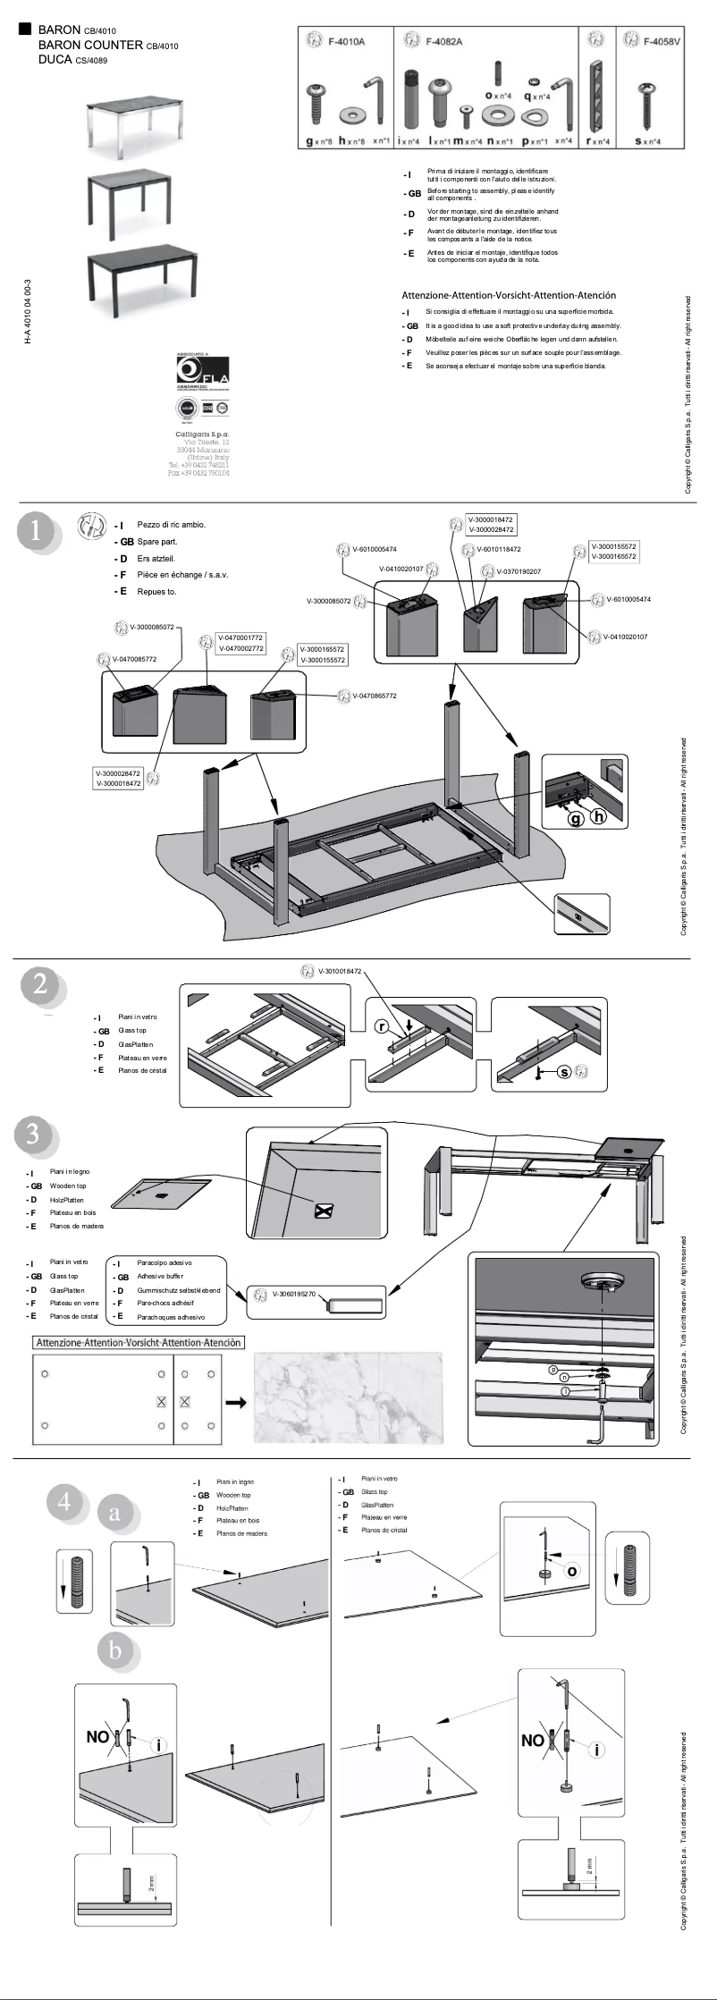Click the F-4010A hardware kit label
click(x=346, y=41)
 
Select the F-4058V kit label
click(x=662, y=41)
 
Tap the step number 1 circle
click(x=36, y=531)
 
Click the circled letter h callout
click(x=598, y=816)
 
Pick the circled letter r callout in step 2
click(x=381, y=1026)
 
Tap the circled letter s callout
click(x=564, y=1072)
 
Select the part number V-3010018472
click(x=340, y=971)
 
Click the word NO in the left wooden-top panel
click(x=97, y=1737)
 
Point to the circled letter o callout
click(x=572, y=1571)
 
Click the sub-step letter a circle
click(x=114, y=1514)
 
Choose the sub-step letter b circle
click(x=115, y=1650)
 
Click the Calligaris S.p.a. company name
click(x=202, y=434)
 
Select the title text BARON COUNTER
click(x=90, y=45)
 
